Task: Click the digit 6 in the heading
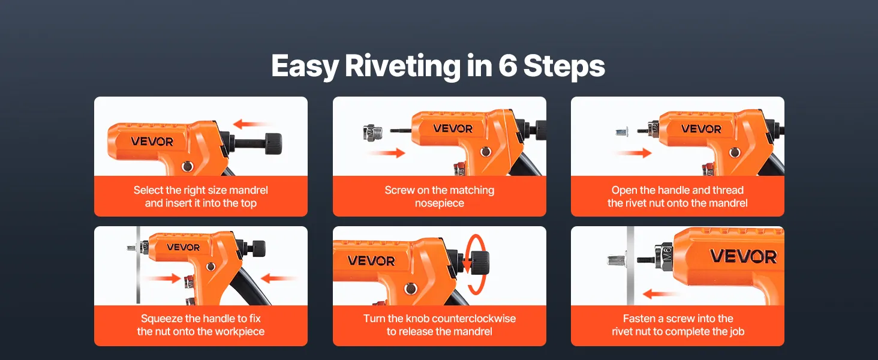coord(507,65)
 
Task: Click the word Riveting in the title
coord(402,65)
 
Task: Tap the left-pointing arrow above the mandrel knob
coord(251,124)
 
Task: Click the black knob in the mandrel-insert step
coord(273,143)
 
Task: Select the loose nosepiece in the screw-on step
coord(370,133)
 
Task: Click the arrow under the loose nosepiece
coord(386,152)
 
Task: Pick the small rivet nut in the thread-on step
coord(622,131)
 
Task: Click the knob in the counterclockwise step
coord(480,262)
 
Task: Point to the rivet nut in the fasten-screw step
coord(616,259)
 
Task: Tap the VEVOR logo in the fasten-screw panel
coord(744,257)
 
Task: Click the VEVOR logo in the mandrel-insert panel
coord(152,141)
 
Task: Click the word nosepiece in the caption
coord(440,204)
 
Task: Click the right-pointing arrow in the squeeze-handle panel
coord(162,279)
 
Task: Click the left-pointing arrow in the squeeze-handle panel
coord(278,279)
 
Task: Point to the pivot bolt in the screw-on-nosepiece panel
coord(486,151)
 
